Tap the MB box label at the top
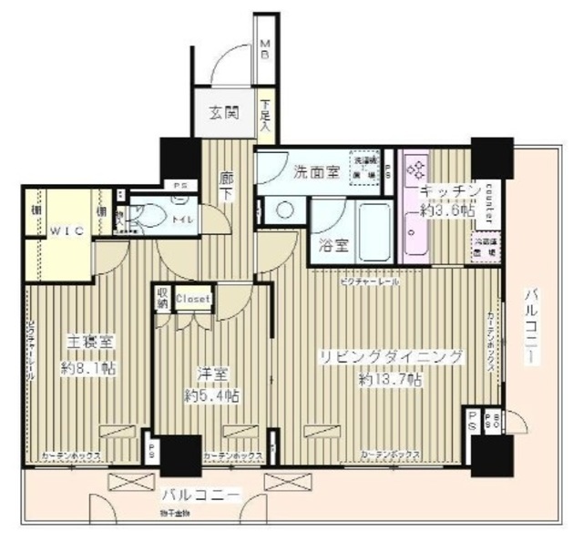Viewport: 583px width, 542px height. (264, 47)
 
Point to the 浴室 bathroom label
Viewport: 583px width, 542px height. (332, 244)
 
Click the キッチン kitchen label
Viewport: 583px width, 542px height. (449, 191)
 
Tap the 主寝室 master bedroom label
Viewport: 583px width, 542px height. (88, 343)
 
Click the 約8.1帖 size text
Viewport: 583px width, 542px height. (88, 368)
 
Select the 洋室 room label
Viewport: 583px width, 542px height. (211, 373)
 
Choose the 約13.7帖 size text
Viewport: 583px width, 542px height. (389, 379)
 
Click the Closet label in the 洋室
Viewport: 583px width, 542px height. (193, 299)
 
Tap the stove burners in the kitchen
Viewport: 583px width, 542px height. (416, 169)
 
